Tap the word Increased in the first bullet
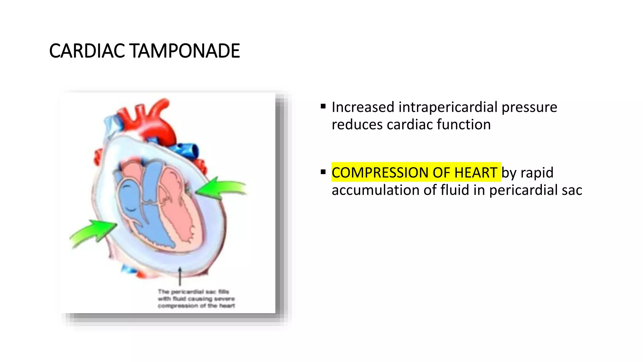(x=363, y=107)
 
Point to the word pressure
(x=529, y=107)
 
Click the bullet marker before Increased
(x=323, y=107)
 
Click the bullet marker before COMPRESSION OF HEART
(x=323, y=172)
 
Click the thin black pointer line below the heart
(x=180, y=277)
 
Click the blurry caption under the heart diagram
(x=196, y=299)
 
